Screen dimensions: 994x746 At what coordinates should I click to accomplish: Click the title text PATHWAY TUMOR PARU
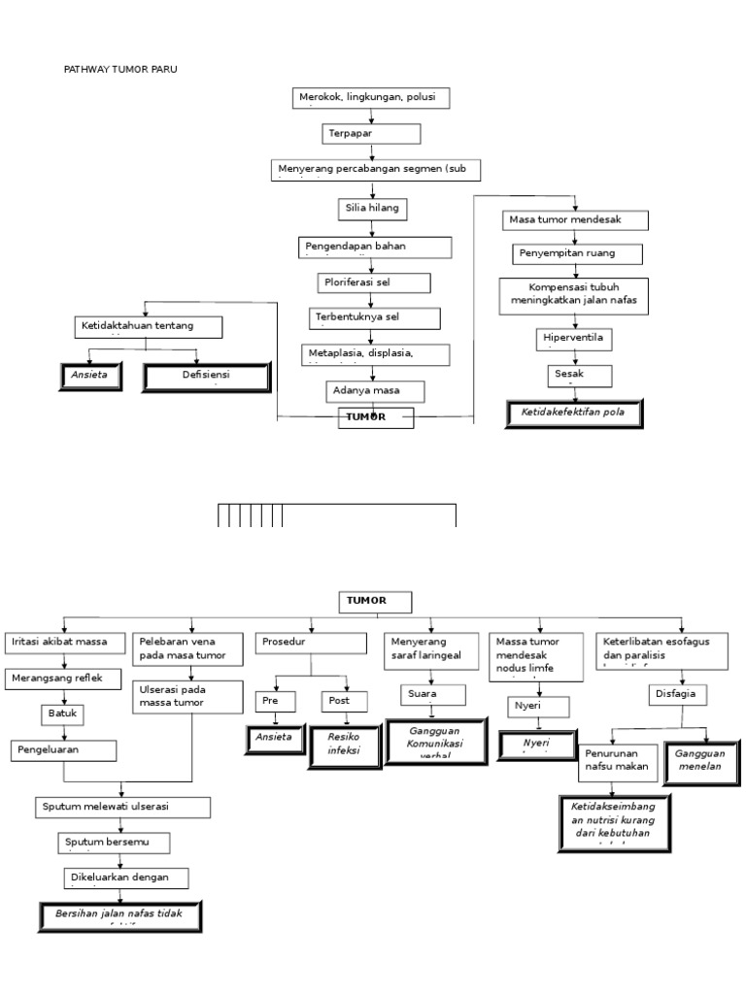tap(120, 69)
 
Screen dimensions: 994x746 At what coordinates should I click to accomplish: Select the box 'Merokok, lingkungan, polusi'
tap(371, 98)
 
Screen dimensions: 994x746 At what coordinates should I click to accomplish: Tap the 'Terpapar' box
tap(371, 134)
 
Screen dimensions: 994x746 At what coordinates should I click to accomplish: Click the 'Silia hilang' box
tap(371, 209)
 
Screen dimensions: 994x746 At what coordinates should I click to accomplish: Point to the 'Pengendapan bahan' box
tap(375, 248)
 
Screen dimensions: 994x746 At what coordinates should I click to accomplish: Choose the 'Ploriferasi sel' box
tap(373, 282)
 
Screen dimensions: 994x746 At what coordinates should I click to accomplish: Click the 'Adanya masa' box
tap(375, 390)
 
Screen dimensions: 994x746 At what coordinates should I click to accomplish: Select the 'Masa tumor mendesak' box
tap(573, 220)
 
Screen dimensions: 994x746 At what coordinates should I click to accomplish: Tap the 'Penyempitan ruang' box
tap(578, 254)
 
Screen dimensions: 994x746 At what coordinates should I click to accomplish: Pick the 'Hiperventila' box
tap(574, 339)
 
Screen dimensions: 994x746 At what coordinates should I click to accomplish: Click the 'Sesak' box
tap(579, 375)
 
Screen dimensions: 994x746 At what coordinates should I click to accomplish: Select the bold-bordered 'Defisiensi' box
tap(206, 378)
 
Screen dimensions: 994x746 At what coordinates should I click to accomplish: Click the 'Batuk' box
tap(61, 714)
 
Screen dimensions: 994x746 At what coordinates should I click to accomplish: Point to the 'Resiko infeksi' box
tap(343, 744)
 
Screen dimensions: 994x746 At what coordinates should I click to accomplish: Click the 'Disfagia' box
tap(678, 695)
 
